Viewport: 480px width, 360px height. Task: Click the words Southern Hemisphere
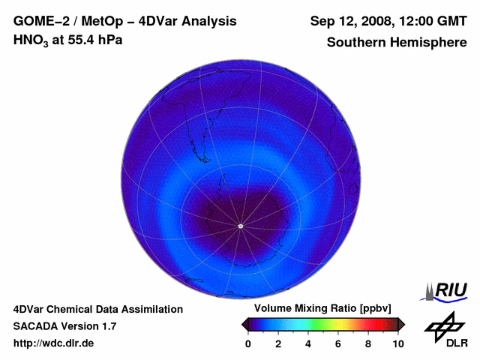click(x=397, y=42)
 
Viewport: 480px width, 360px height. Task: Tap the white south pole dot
click(x=240, y=226)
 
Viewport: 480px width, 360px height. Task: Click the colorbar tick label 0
click(x=248, y=344)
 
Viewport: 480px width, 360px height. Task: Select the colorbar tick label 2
click(x=278, y=344)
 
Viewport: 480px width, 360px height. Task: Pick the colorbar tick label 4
click(x=308, y=344)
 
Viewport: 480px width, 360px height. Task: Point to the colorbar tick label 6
click(x=338, y=344)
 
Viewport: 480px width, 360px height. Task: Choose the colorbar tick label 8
click(x=368, y=344)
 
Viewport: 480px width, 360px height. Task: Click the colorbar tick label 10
click(x=397, y=344)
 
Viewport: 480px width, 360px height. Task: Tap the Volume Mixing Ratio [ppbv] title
click(x=319, y=309)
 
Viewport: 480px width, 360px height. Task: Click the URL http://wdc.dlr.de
click(x=54, y=343)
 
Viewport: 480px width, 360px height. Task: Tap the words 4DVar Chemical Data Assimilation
click(x=98, y=309)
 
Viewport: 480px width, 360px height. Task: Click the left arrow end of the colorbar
click(x=245, y=324)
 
